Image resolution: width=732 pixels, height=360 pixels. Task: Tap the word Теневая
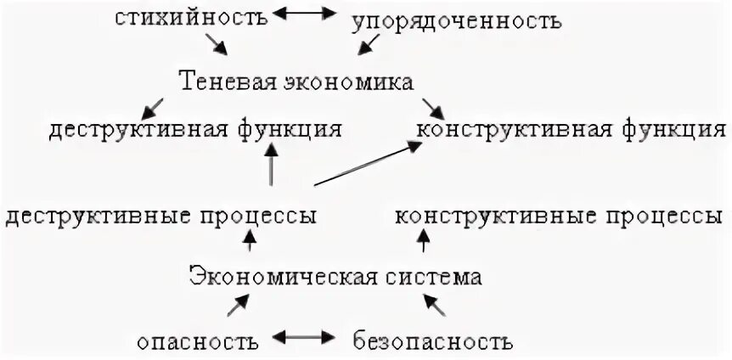click(x=223, y=82)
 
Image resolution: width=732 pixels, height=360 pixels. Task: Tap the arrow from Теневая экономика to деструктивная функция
click(x=153, y=107)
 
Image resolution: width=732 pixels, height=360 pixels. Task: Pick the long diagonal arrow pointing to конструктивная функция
click(x=367, y=164)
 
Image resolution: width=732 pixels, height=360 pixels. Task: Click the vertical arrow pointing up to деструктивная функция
click(x=271, y=166)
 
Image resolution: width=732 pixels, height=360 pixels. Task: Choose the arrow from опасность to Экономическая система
click(x=239, y=306)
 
